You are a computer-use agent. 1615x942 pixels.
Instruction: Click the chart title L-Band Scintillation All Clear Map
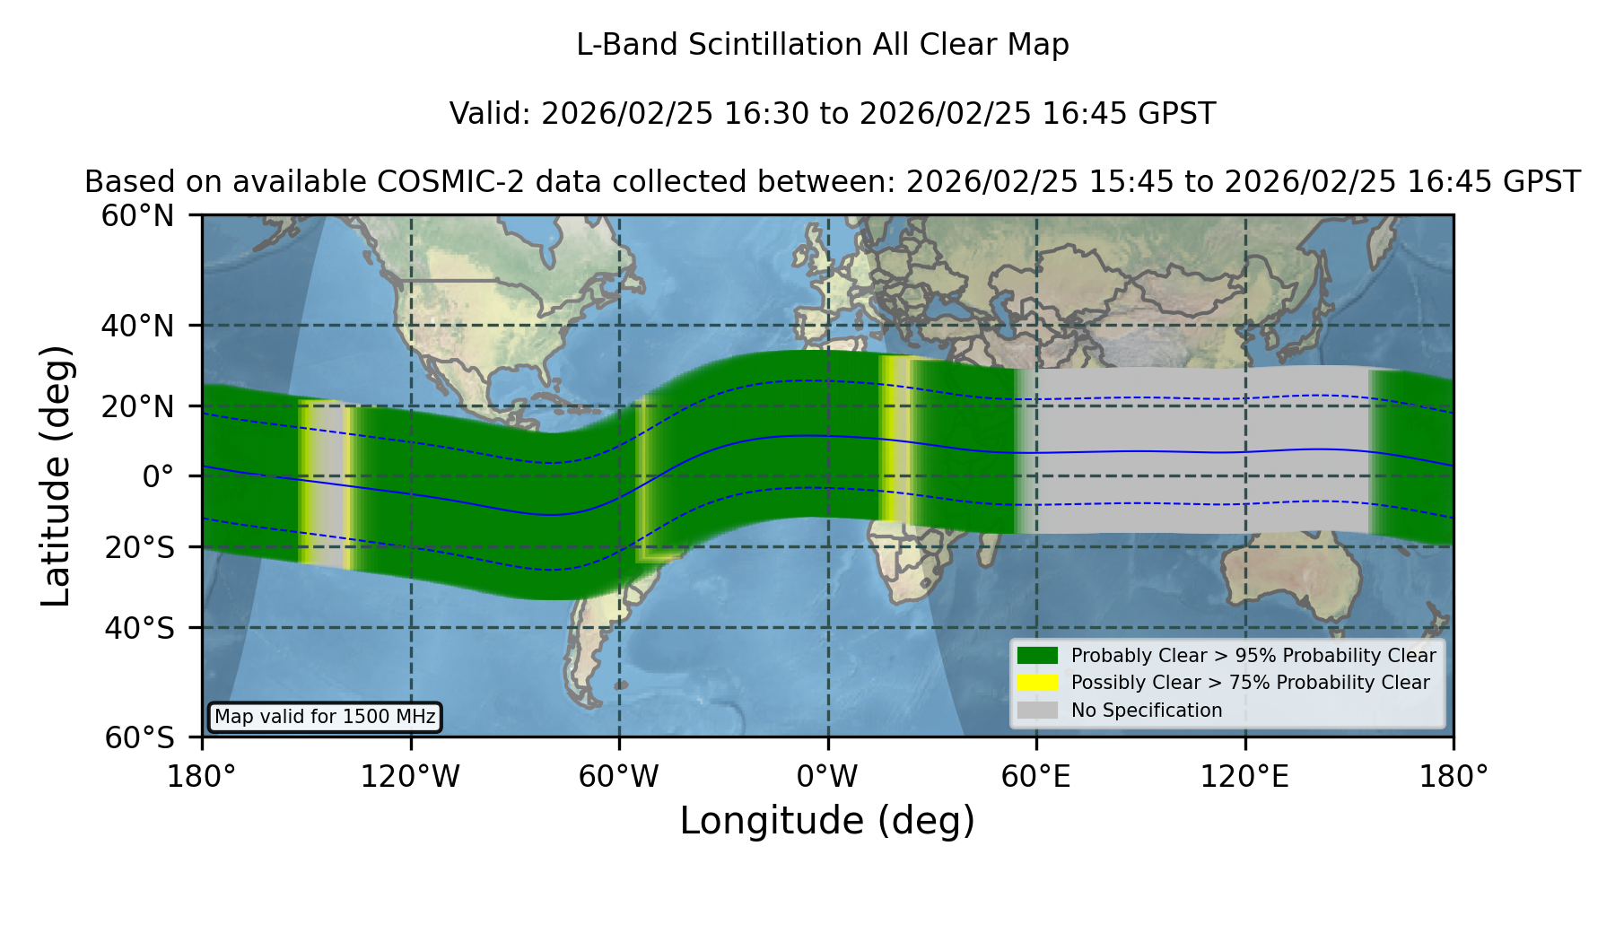(x=822, y=45)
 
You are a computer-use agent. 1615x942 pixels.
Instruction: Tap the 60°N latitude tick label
(x=137, y=215)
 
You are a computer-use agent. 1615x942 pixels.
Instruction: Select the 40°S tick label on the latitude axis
(x=139, y=628)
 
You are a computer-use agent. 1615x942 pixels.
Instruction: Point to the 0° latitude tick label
(x=158, y=475)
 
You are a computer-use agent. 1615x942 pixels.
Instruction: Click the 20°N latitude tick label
(x=137, y=406)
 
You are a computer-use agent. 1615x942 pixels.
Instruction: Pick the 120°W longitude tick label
(x=410, y=777)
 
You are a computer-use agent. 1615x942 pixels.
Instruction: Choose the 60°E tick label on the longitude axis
(x=1035, y=777)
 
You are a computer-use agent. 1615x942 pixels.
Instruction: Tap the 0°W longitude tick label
(x=827, y=777)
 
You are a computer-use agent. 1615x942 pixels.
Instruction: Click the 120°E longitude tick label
(x=1244, y=777)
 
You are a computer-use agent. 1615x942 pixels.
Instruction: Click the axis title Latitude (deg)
(x=56, y=475)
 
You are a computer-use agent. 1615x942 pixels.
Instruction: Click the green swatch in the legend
(x=1037, y=656)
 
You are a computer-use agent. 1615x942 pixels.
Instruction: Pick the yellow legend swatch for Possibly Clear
(x=1037, y=683)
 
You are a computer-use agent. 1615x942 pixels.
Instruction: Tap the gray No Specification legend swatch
(x=1037, y=711)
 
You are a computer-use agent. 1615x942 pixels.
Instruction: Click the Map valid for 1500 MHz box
(x=325, y=717)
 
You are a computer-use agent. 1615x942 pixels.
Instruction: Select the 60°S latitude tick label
(x=139, y=737)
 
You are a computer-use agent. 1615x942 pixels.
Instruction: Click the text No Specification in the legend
(x=1147, y=711)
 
